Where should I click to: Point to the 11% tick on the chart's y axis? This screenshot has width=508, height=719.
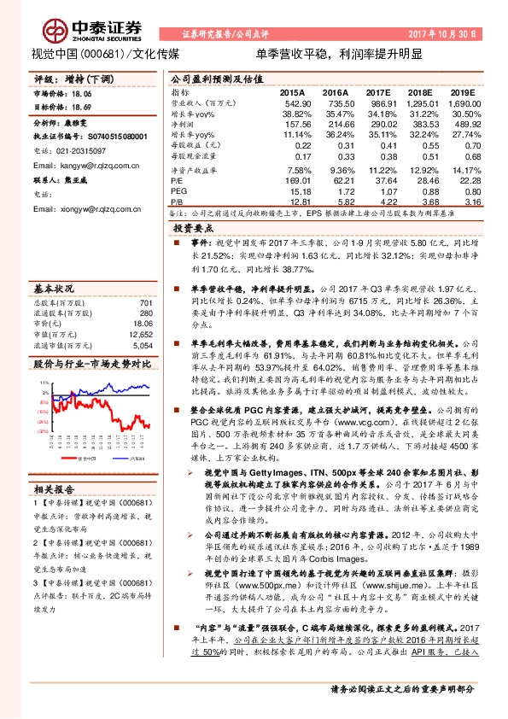click(x=42, y=383)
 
